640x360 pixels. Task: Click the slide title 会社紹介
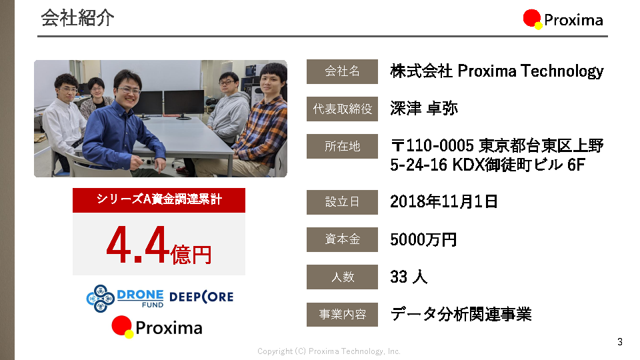tap(77, 19)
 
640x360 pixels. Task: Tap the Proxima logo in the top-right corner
tap(563, 19)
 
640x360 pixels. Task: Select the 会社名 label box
tap(342, 71)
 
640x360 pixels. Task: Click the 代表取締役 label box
tap(342, 109)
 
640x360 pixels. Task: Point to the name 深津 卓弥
tap(424, 108)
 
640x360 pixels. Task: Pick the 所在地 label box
tap(342, 146)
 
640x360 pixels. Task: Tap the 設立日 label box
tap(342, 202)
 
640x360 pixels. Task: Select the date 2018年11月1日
tap(444, 201)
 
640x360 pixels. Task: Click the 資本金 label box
tap(342, 239)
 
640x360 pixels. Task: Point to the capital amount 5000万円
tap(423, 239)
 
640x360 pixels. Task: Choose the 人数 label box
tap(342, 277)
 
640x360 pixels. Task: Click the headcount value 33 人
tap(409, 277)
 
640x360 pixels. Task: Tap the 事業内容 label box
tap(342, 314)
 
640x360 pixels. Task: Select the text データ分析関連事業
tap(461, 314)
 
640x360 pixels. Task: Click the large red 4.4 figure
tap(137, 245)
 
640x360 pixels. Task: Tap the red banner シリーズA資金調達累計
tap(159, 200)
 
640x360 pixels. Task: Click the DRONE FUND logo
tap(125, 299)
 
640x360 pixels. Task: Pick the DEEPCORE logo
tap(201, 297)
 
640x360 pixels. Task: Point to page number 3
tap(620, 341)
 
